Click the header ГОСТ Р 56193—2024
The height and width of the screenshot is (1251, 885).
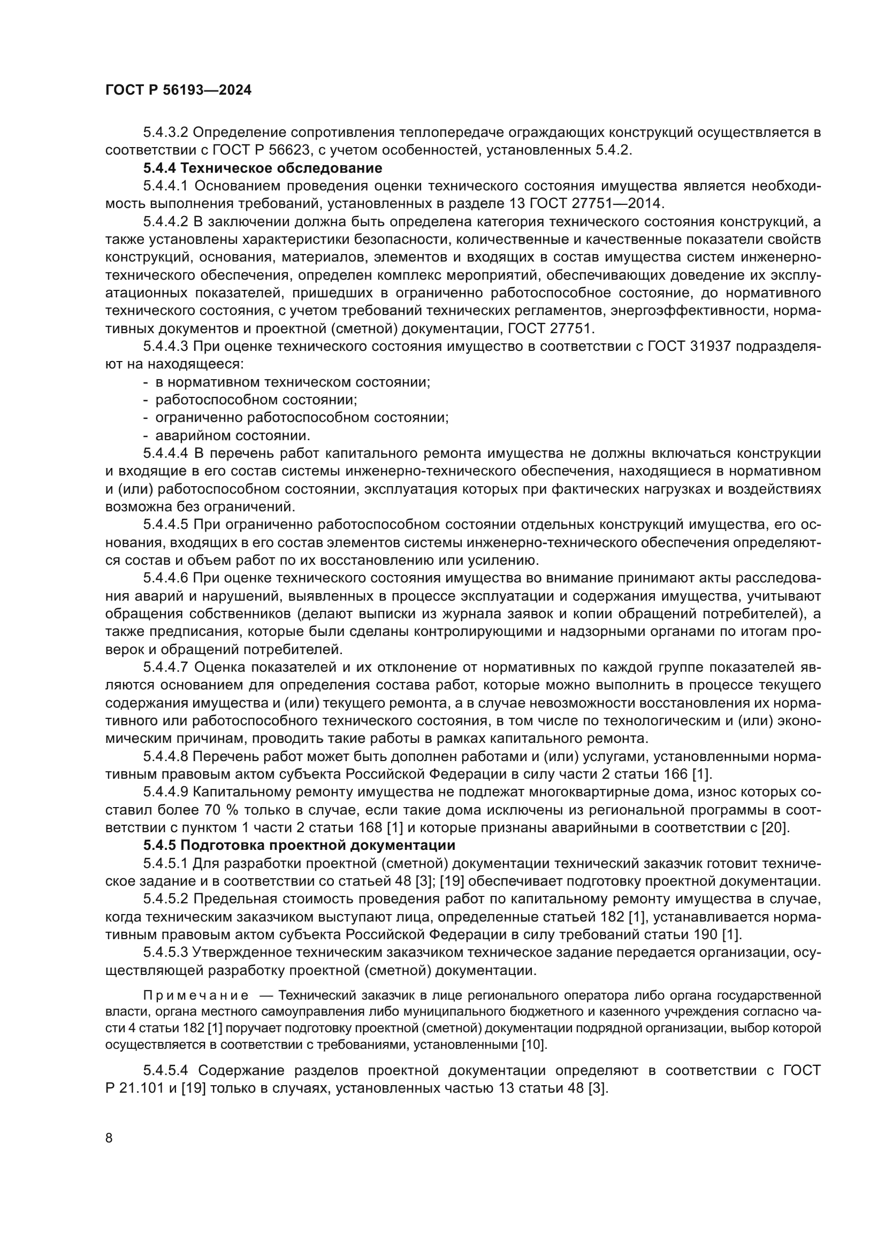click(178, 90)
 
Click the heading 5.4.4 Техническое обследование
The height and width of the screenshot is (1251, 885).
click(263, 168)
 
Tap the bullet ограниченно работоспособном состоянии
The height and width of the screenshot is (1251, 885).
click(302, 418)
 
